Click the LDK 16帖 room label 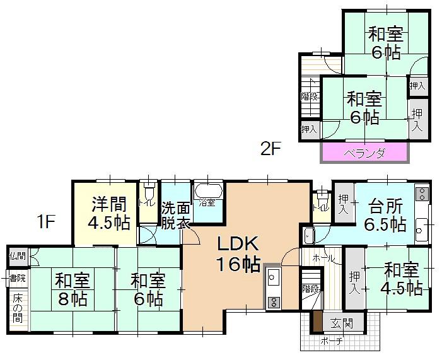click(238, 254)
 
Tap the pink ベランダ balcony click(364, 153)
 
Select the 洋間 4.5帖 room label click(109, 213)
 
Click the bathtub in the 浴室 click(208, 191)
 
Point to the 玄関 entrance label click(342, 323)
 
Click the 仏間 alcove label click(18, 256)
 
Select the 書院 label click(18, 278)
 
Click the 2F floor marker click(271, 149)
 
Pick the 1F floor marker click(45, 221)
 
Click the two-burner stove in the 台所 click(422, 194)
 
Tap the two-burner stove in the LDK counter click(273, 302)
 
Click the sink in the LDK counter click(272, 277)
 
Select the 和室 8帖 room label click(72, 289)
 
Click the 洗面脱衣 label click(175, 216)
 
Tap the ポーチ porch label click(332, 341)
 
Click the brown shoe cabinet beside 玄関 click(318, 321)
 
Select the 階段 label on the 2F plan click(310, 96)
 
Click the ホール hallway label click(324, 258)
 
